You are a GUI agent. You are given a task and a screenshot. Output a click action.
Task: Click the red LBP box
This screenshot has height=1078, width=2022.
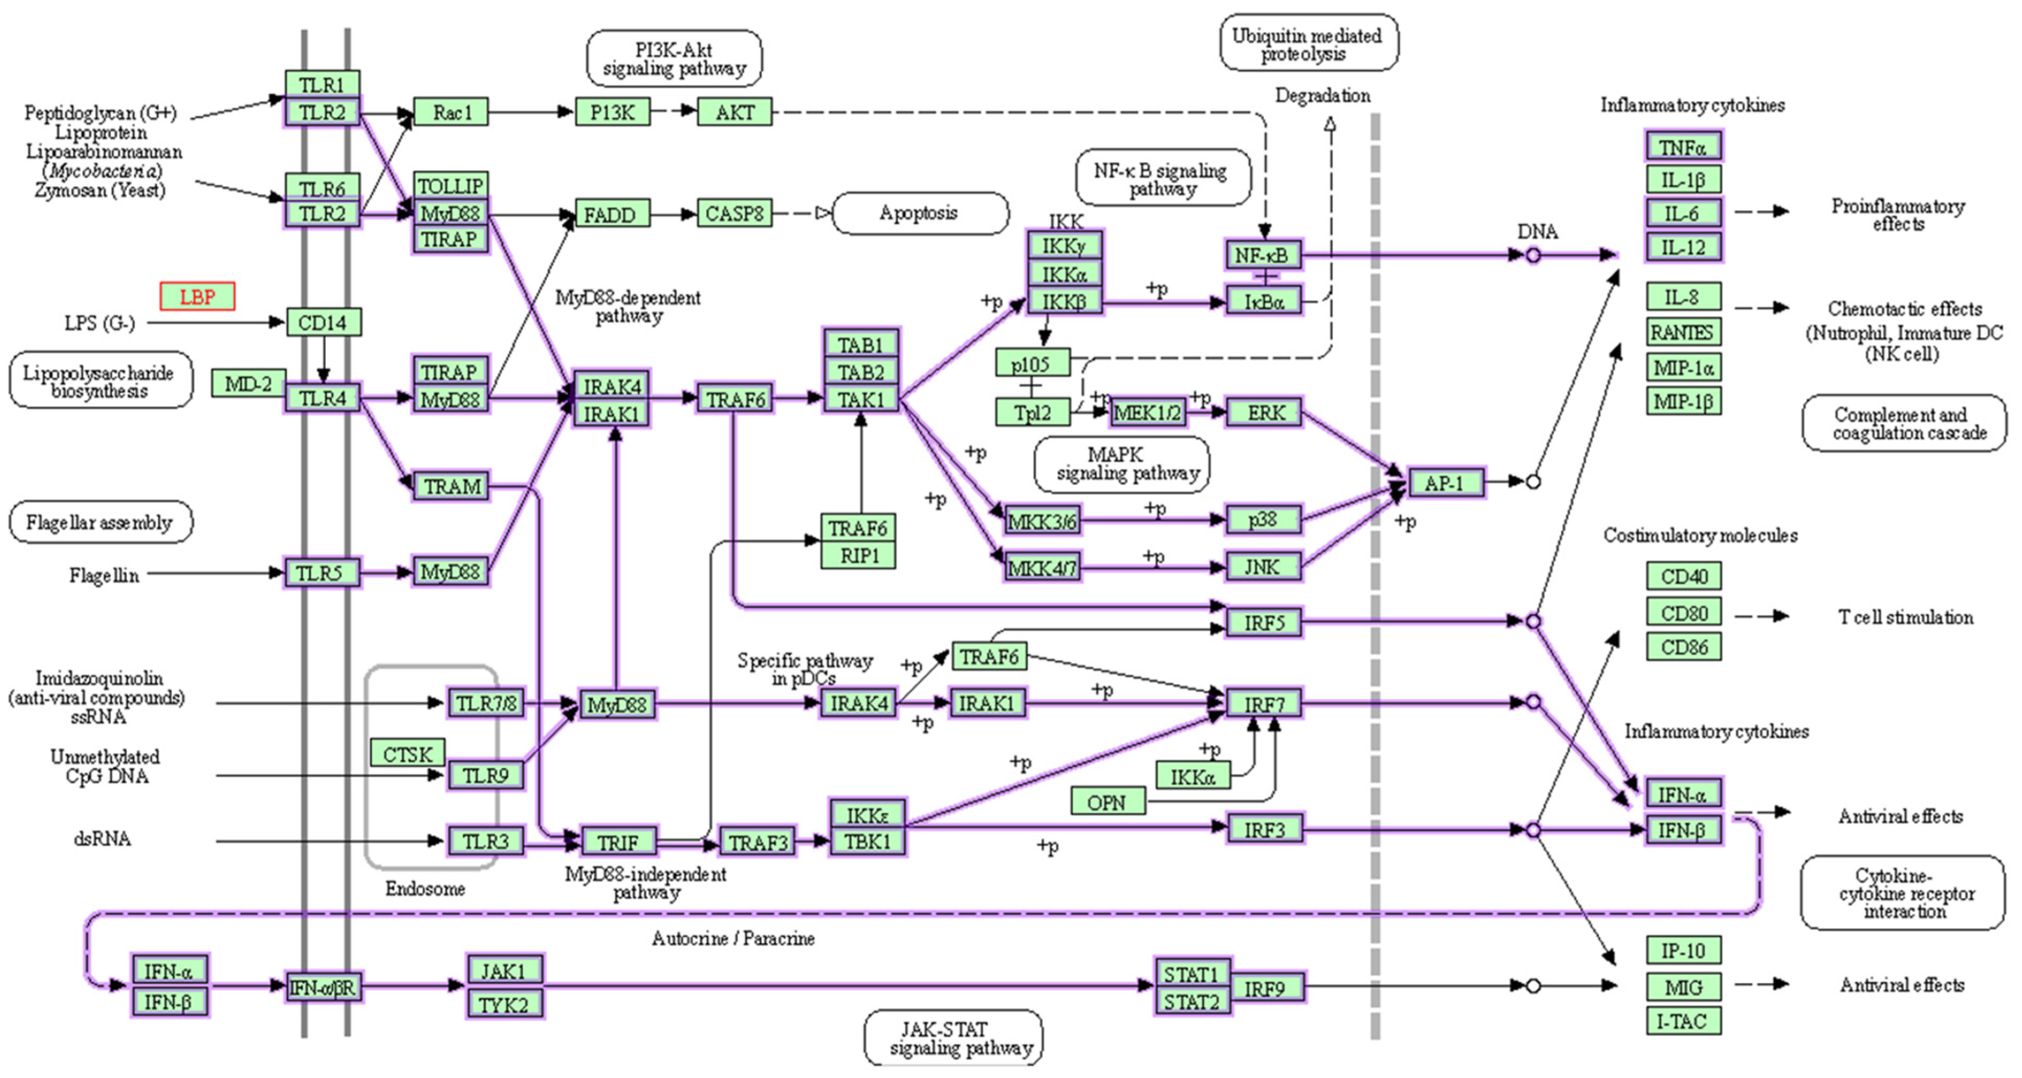click(x=197, y=297)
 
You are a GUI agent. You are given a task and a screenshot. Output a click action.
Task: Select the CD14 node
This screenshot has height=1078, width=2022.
click(x=323, y=322)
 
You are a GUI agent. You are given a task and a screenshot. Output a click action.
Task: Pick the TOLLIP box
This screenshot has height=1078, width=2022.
click(x=450, y=186)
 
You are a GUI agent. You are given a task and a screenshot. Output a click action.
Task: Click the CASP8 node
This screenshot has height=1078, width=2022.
click(x=734, y=214)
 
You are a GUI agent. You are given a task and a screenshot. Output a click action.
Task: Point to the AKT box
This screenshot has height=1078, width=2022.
click(x=735, y=112)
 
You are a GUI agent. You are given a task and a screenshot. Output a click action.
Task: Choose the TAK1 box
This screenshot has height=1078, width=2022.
click(x=861, y=400)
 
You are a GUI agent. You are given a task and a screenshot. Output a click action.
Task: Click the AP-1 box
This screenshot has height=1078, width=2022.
click(x=1445, y=483)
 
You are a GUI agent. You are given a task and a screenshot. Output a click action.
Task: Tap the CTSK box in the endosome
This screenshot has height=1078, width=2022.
click(x=408, y=754)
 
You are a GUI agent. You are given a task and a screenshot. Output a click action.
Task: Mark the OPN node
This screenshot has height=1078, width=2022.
click(x=1107, y=802)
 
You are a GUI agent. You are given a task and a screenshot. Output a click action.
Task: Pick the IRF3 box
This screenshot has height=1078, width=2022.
click(x=1263, y=829)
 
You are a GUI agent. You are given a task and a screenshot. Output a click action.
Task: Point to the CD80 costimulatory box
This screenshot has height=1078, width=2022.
click(x=1684, y=613)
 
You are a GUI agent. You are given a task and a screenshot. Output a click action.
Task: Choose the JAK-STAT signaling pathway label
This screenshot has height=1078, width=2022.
click(x=954, y=1038)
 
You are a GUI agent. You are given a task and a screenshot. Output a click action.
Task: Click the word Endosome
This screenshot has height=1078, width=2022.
click(x=425, y=889)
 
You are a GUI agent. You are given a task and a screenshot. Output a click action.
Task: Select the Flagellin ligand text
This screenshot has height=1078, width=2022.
click(x=104, y=575)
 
